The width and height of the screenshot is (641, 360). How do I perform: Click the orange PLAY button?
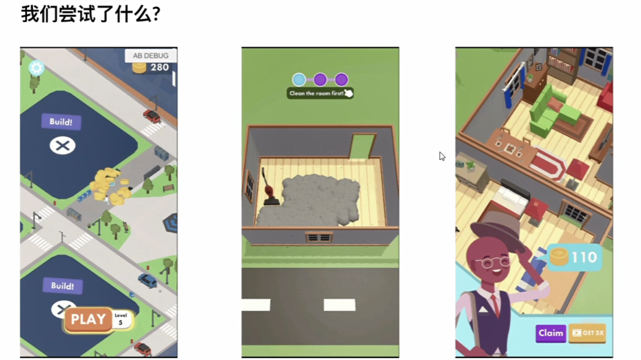(88, 319)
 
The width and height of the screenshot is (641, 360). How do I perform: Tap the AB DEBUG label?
(150, 56)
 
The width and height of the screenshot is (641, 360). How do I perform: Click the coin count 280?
(159, 68)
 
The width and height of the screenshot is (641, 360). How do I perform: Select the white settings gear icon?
(36, 68)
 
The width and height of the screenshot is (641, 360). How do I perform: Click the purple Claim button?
(551, 333)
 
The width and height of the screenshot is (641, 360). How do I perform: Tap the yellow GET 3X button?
(588, 333)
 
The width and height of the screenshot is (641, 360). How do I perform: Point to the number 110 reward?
(584, 258)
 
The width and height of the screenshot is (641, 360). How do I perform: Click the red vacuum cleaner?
(269, 187)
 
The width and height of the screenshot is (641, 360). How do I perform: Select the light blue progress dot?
(299, 79)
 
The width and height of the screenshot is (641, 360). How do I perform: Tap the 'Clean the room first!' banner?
(320, 93)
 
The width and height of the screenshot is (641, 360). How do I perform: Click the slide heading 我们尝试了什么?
(90, 14)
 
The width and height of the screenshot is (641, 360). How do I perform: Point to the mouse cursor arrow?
(442, 156)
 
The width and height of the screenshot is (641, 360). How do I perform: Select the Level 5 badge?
(120, 319)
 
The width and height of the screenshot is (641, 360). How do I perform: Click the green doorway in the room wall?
(362, 146)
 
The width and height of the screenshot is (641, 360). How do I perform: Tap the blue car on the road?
(147, 280)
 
